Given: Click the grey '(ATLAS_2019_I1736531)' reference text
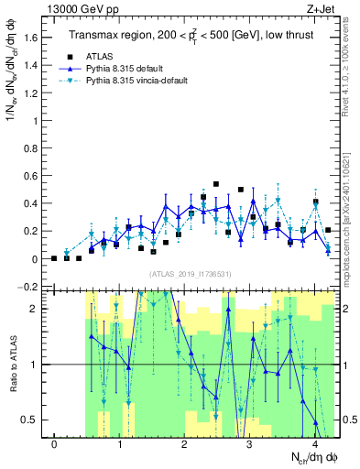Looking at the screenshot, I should [190, 275].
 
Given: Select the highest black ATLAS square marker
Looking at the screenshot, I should [216, 184].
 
